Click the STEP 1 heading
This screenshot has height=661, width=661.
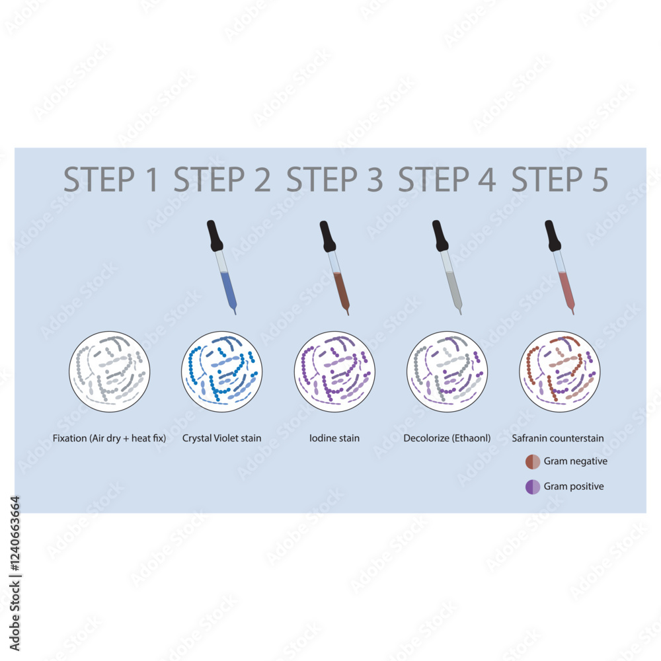(111, 180)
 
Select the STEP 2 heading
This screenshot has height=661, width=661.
(222, 180)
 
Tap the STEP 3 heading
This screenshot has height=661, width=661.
(334, 180)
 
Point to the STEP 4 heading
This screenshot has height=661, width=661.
(447, 180)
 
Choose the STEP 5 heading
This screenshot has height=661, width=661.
(561, 180)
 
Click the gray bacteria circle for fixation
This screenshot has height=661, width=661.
(110, 371)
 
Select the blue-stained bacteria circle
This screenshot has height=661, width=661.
(222, 371)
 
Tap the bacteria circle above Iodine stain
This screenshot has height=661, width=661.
(334, 371)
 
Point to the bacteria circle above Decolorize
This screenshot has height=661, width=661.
(447, 371)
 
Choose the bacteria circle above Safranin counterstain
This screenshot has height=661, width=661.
(560, 371)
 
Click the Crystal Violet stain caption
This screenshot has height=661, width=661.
(221, 438)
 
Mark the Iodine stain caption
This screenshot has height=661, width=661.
(334, 438)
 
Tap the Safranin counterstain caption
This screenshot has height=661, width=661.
(558, 438)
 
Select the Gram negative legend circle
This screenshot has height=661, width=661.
(533, 461)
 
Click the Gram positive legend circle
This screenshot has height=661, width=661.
(533, 486)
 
